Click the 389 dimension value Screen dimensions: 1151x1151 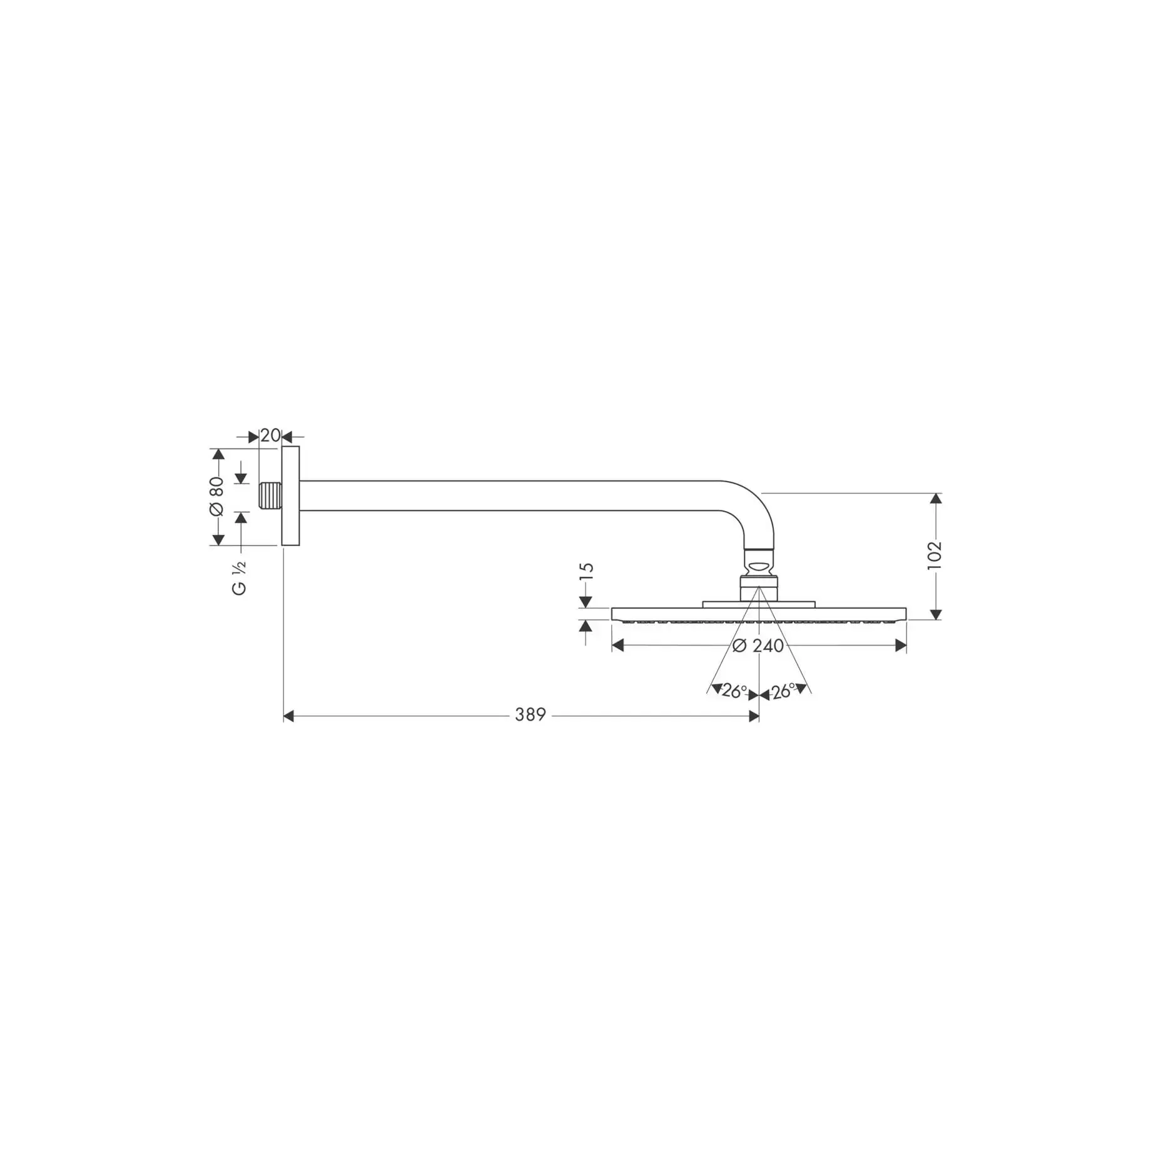pyautogui.click(x=530, y=714)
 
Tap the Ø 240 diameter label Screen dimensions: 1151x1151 pyautogui.click(x=758, y=646)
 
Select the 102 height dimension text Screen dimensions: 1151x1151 pyautogui.click(x=934, y=555)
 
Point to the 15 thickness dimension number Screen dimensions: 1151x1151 pyautogui.click(x=586, y=572)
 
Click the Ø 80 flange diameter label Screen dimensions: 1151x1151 pyautogui.click(x=216, y=496)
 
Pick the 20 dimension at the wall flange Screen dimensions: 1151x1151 pyautogui.click(x=270, y=435)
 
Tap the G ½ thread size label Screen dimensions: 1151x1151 pyautogui.click(x=240, y=579)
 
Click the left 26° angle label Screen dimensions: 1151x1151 pyautogui.click(x=734, y=691)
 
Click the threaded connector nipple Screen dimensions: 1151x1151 pyautogui.click(x=270, y=495)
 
